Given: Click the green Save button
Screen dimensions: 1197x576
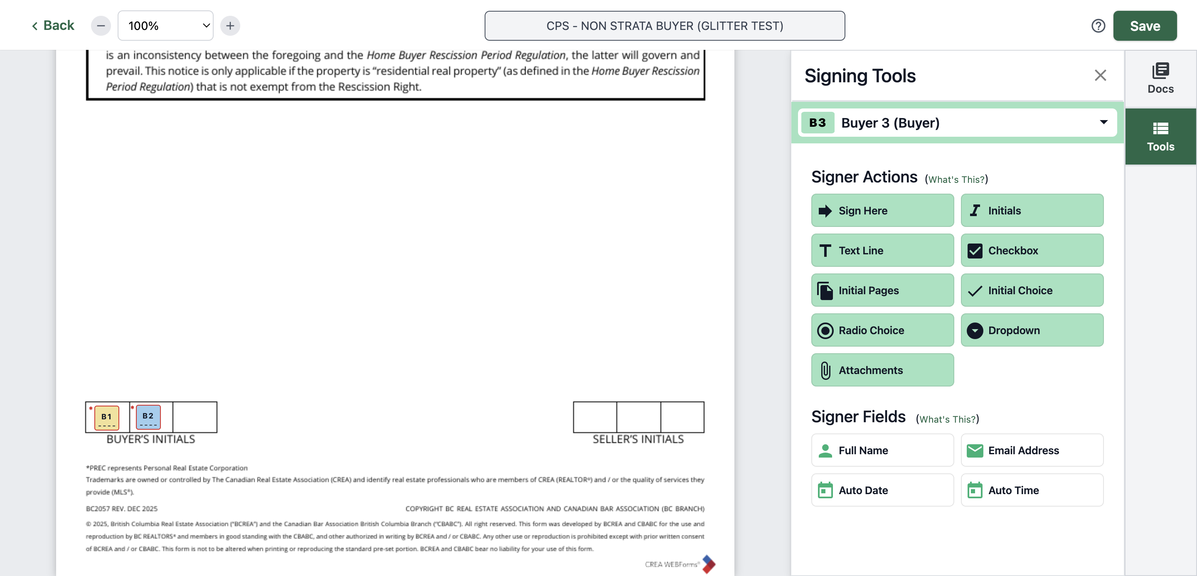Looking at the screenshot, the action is (1145, 26).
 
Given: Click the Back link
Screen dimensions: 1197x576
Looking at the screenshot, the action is (52, 25).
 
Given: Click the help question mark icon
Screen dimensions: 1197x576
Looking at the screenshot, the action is (1098, 26).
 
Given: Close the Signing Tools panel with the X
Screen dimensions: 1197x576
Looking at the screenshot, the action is (1100, 75).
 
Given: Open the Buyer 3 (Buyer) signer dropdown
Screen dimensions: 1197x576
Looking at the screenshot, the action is (957, 123).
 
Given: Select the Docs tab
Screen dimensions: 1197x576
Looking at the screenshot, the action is (1160, 79).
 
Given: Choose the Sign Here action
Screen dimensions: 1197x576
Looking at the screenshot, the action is (882, 210).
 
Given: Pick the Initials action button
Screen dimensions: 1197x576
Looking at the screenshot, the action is (1032, 210).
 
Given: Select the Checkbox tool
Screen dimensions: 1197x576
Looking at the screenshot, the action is (1032, 250).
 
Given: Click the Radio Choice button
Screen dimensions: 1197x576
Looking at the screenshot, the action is (882, 330).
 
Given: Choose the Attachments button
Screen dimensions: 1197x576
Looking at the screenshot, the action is (882, 370).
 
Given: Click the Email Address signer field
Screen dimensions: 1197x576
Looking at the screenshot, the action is (1032, 450).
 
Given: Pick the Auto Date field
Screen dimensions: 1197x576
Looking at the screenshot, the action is (882, 490).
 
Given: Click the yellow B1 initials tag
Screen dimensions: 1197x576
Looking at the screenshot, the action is (106, 418).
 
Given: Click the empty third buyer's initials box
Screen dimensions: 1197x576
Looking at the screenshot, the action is (195, 417).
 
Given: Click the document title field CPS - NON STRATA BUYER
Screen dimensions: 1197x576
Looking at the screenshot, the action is (665, 26).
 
